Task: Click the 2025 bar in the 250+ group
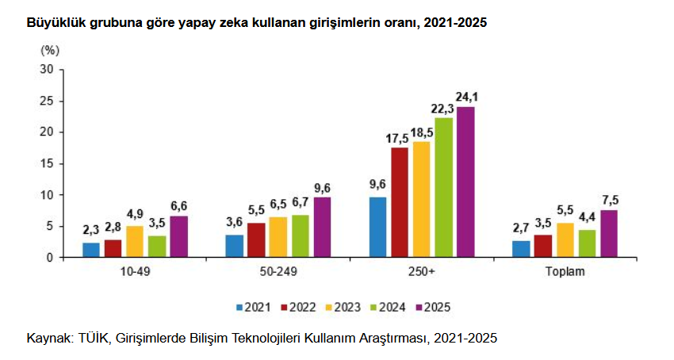point(465,182)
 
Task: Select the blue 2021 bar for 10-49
point(91,250)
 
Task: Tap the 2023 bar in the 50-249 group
point(278,237)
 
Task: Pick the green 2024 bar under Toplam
point(587,243)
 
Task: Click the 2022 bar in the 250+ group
point(400,202)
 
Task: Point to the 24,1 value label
point(466,97)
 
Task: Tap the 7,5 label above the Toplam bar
point(609,200)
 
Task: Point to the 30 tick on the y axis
point(47,70)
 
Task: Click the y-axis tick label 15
point(47,163)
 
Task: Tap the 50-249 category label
point(278,273)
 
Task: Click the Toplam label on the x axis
point(565,273)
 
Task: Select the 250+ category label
point(422,273)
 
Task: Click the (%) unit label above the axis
point(50,50)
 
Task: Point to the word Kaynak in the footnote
point(49,339)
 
